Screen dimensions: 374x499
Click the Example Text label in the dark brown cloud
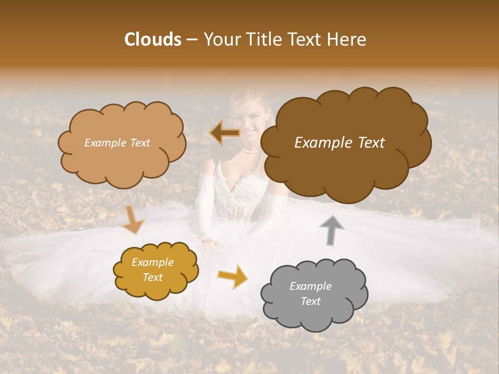pos(339,143)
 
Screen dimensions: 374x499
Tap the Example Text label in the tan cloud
pos(117,143)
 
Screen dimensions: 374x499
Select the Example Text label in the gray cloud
pos(310,293)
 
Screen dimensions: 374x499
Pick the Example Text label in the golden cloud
pos(152,270)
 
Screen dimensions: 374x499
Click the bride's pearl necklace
pos(251,151)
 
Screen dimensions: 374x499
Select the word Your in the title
pos(220,39)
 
